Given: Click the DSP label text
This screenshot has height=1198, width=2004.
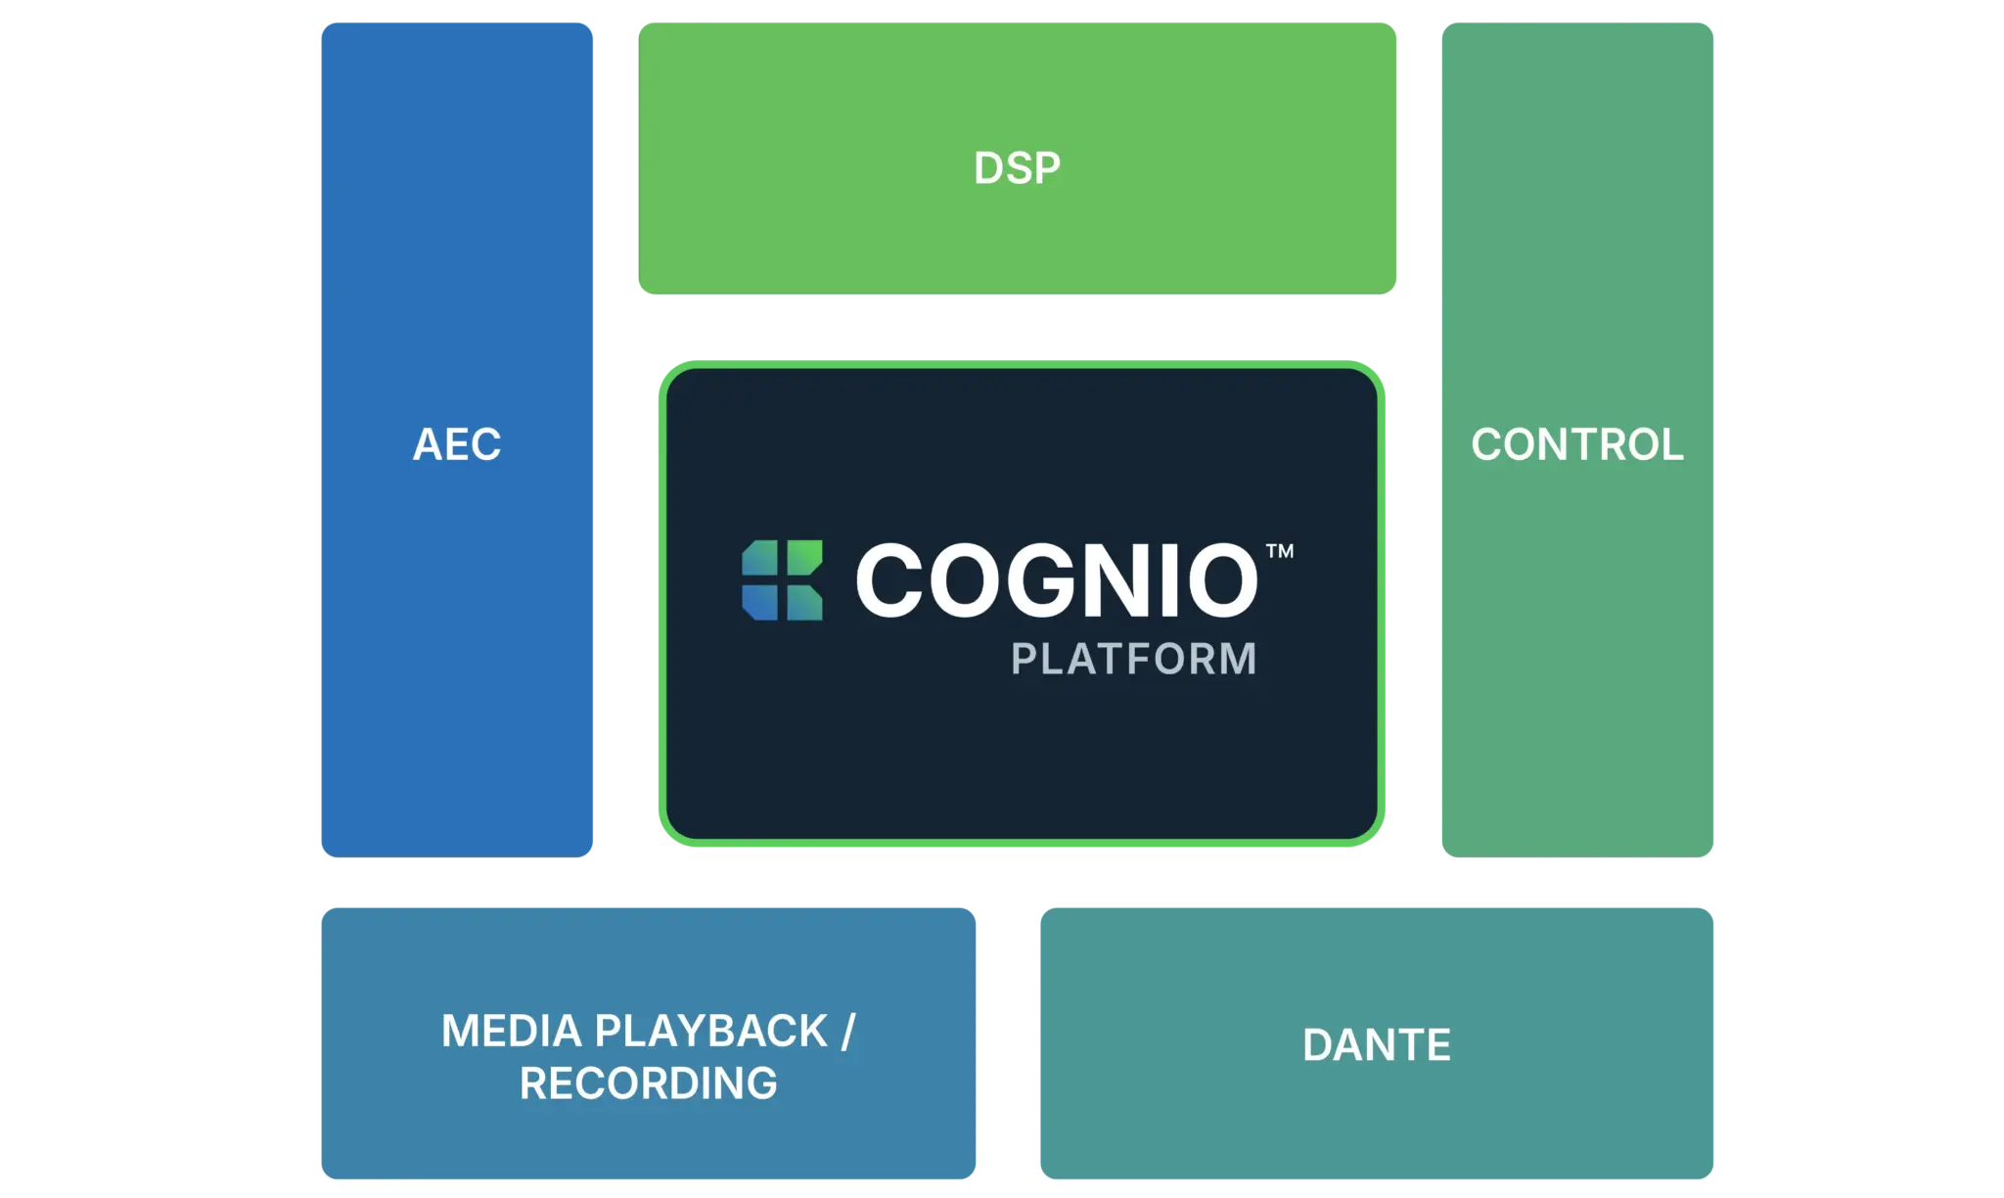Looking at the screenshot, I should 1017,168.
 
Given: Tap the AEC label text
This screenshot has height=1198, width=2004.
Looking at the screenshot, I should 457,444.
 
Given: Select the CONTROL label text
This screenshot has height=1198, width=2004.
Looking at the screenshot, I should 1576,444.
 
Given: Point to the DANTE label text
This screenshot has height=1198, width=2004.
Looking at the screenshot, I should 1376,1045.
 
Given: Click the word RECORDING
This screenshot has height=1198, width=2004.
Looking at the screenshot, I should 649,1083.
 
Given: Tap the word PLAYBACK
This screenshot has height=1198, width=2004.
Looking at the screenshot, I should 711,1032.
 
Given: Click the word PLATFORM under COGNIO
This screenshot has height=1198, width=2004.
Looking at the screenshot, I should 1133,659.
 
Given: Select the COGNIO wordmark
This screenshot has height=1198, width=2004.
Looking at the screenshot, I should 1057,580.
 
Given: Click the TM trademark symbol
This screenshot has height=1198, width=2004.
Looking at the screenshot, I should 1280,551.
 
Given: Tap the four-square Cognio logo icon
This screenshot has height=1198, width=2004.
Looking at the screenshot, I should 782,580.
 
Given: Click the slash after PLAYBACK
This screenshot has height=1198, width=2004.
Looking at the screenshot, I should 847,1032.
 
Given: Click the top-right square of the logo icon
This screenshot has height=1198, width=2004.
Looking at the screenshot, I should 803,559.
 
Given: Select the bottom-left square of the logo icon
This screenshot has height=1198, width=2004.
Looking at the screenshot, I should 760,602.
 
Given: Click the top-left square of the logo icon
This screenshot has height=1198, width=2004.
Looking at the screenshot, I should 760,559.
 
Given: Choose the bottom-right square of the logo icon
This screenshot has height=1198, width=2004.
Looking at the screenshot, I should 803,602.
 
